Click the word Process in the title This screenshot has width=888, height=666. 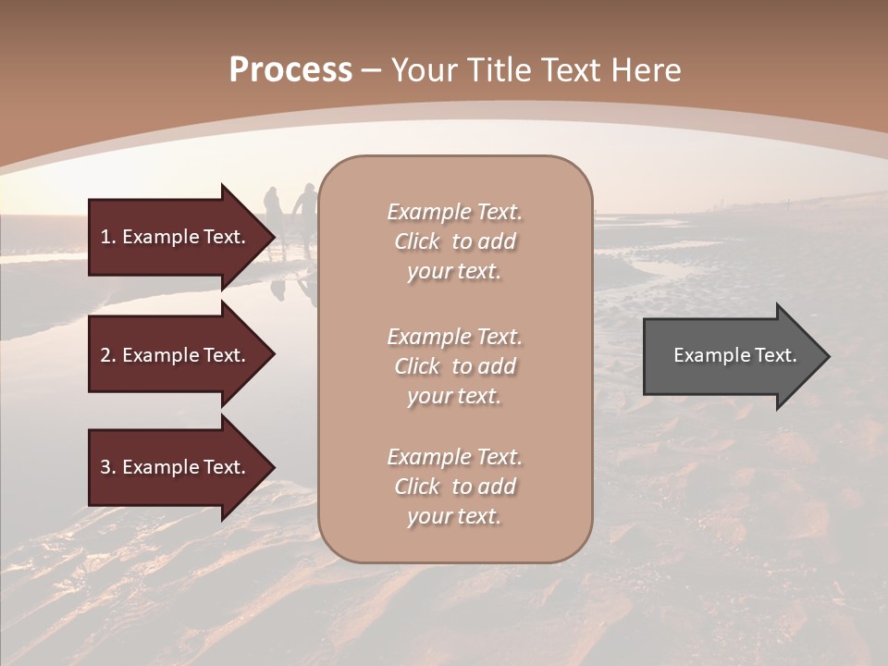click(290, 70)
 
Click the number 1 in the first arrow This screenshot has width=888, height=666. click(105, 237)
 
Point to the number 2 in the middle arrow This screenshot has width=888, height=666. click(105, 355)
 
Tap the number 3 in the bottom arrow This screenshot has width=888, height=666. click(105, 467)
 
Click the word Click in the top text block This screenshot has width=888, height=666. click(417, 241)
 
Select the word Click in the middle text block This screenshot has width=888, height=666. click(417, 366)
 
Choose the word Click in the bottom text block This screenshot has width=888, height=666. click(417, 487)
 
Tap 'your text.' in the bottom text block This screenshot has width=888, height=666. click(454, 516)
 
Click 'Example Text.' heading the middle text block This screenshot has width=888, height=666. click(454, 337)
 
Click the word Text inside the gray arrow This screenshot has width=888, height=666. click(774, 355)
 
